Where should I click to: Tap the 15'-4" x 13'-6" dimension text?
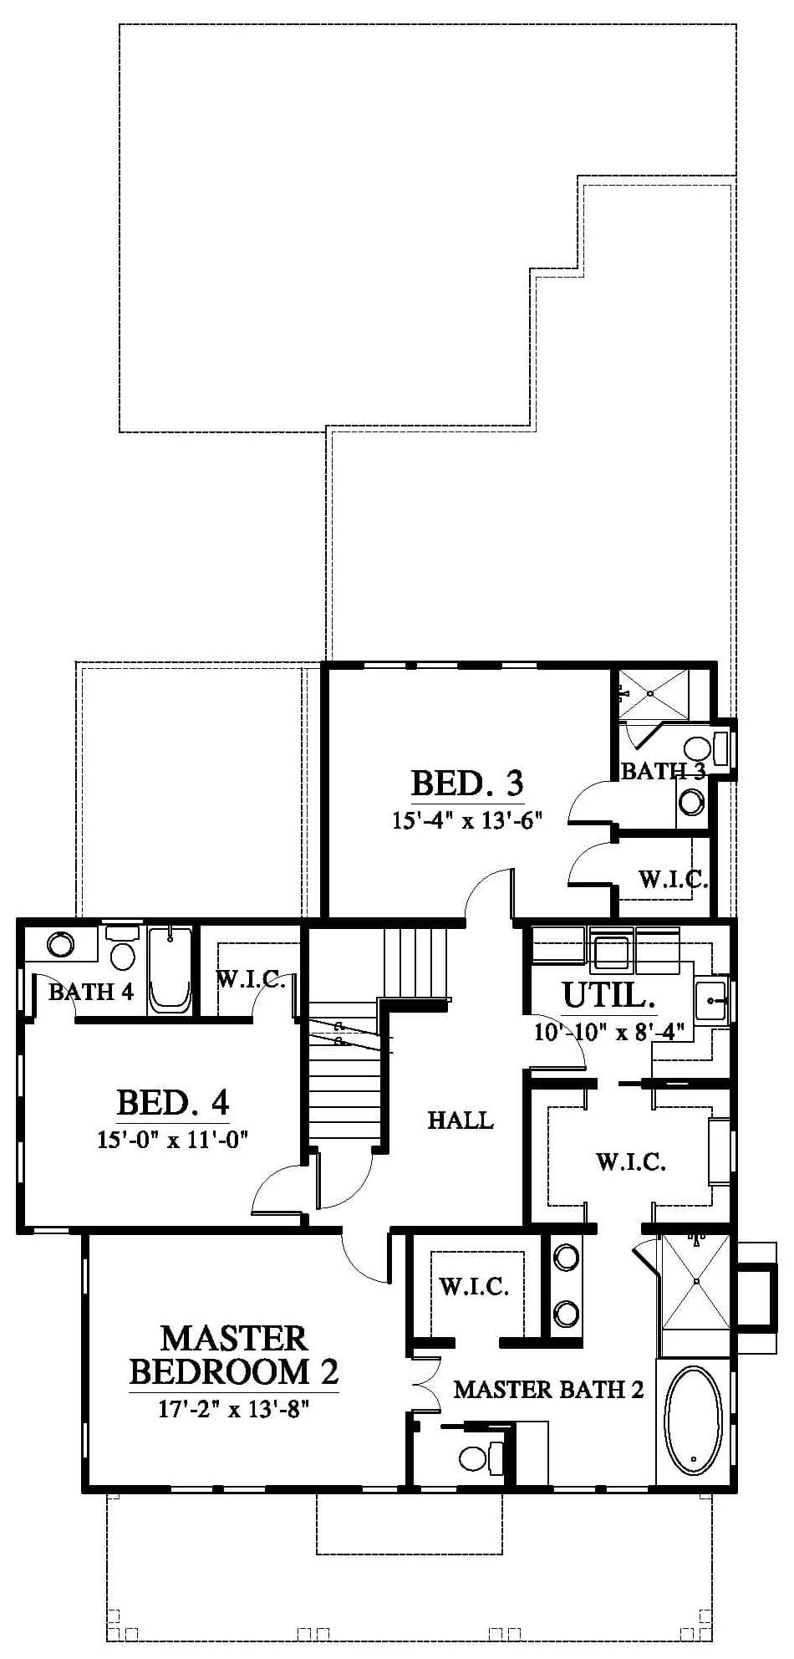click(468, 819)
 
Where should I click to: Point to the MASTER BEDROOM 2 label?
click(234, 1355)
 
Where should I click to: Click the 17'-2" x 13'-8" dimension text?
click(234, 1410)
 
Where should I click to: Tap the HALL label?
click(461, 1120)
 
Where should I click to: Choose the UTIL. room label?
click(608, 995)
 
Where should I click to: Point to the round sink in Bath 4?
click(59, 945)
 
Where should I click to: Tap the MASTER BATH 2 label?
click(548, 1389)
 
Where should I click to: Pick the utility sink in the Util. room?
click(711, 998)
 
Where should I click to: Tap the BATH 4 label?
click(91, 992)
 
